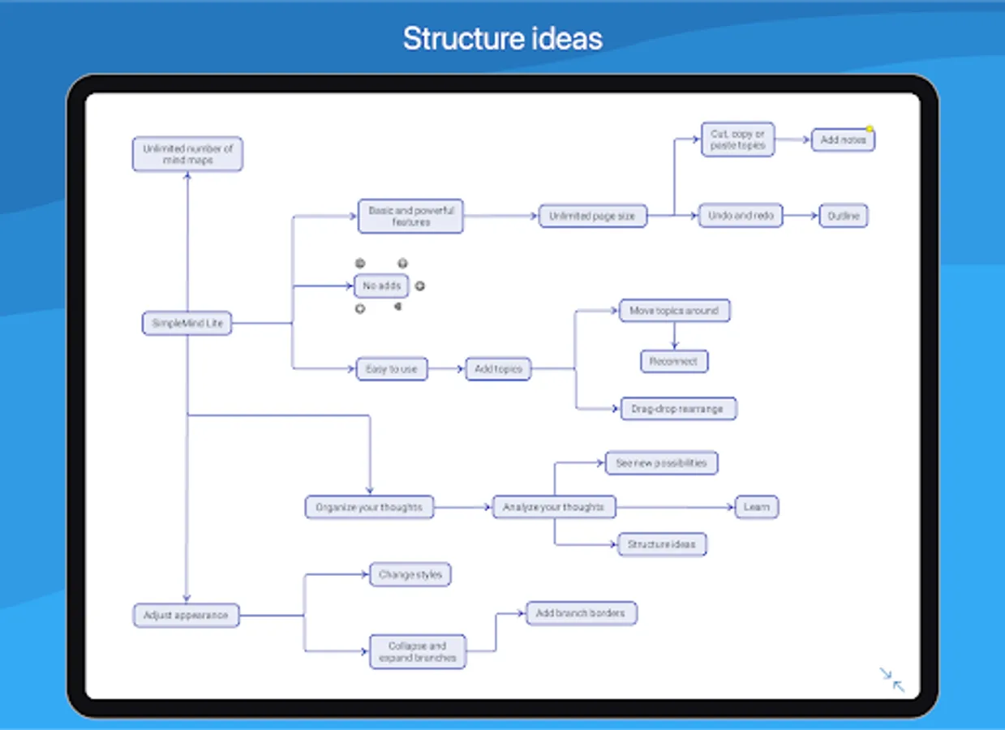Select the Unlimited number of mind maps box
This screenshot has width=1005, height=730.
[187, 154]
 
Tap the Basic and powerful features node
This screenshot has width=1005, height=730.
[410, 216]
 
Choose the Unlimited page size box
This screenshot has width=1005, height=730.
[593, 217]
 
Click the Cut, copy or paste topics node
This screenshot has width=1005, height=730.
[737, 140]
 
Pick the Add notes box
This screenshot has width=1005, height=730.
[843, 140]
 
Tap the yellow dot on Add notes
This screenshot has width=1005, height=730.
[870, 129]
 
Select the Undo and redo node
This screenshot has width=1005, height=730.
[741, 216]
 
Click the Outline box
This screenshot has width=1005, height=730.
[843, 217]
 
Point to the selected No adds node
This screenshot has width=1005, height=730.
[381, 286]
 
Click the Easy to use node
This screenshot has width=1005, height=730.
[392, 369]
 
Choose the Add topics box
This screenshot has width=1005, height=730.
[498, 369]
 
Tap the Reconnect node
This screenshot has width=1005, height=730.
[674, 362]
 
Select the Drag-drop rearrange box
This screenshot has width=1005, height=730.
[677, 409]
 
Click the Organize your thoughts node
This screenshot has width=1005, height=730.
[369, 508]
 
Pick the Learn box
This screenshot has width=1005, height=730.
[756, 508]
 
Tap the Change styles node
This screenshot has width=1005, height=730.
[410, 575]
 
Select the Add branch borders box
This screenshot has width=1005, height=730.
[581, 613]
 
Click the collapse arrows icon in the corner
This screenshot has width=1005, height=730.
[892, 680]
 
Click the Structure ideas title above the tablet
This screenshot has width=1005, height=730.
[503, 39]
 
